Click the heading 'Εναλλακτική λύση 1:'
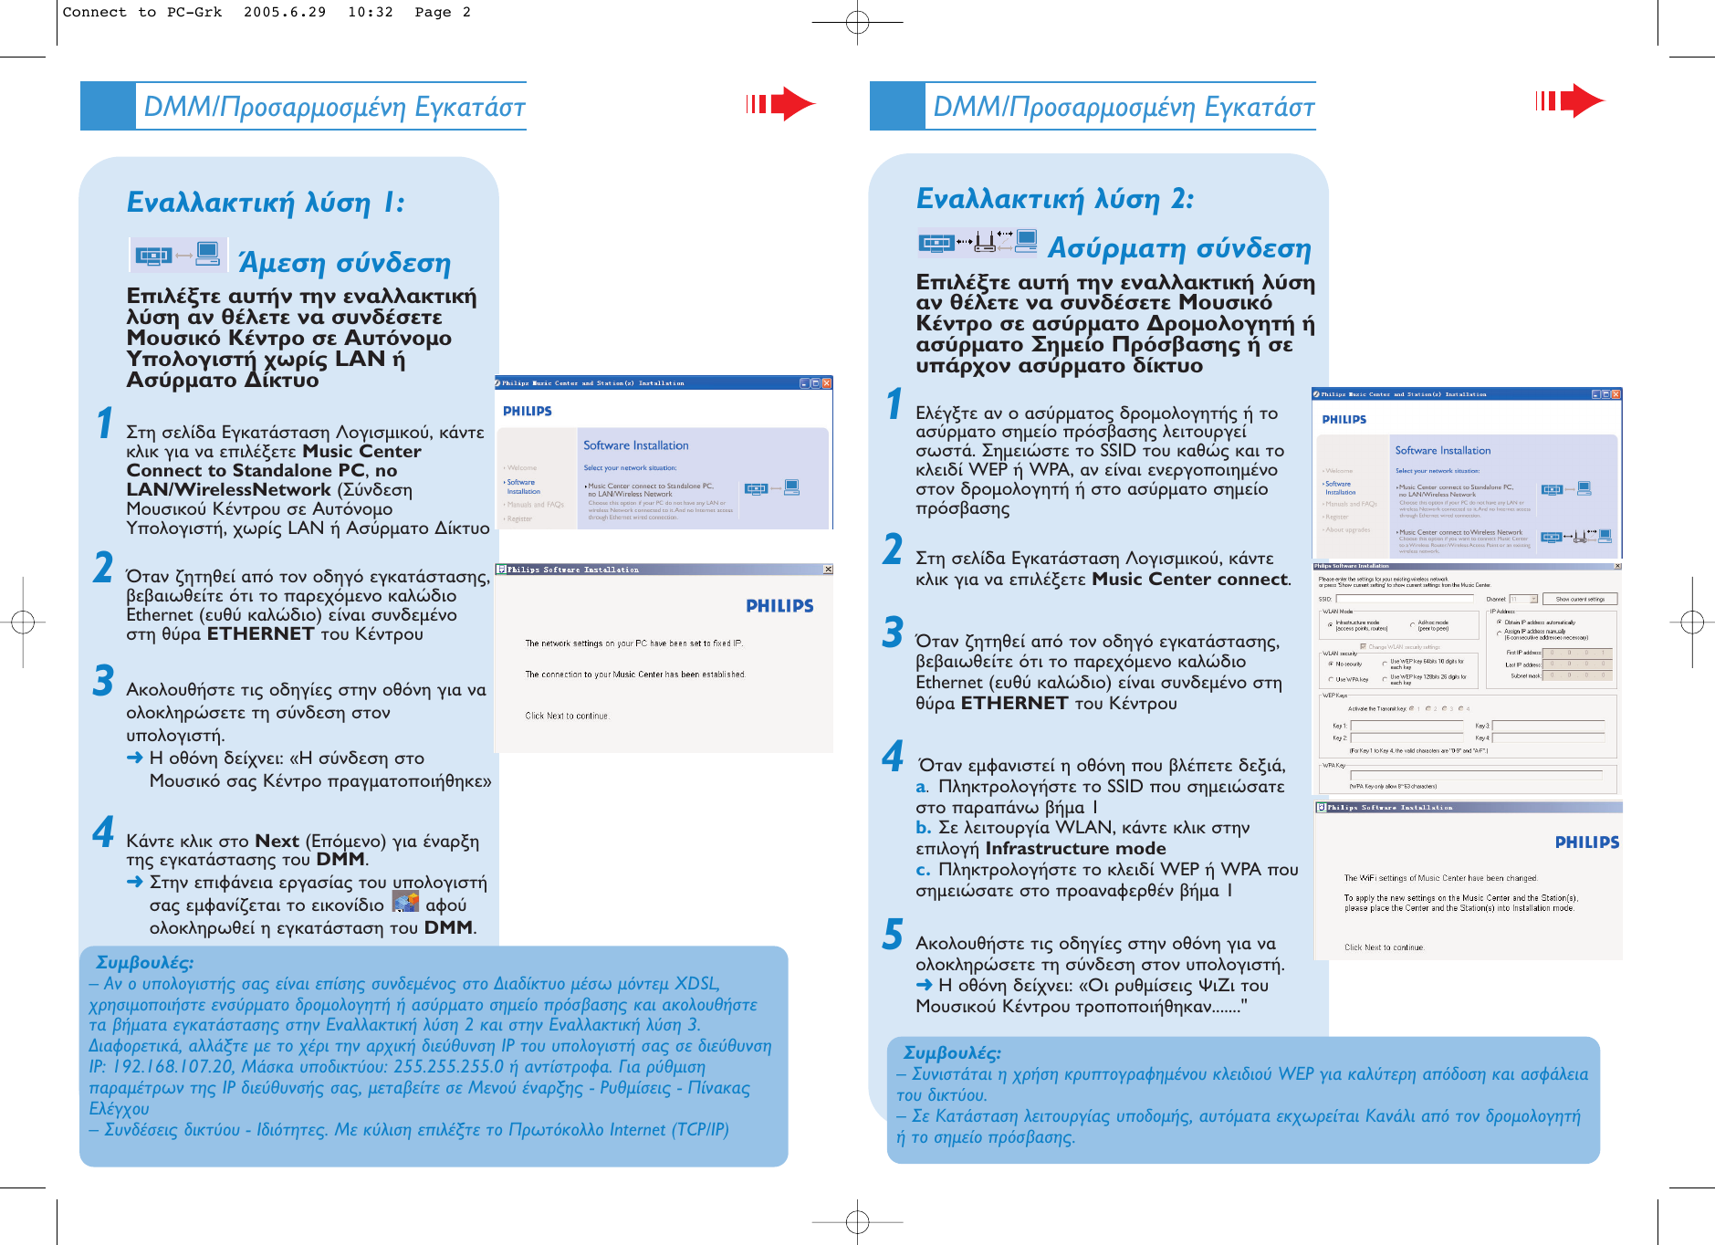265,202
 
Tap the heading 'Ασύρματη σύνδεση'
1178,247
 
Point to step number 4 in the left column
103,832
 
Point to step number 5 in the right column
893,935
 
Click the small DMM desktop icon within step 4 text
405,902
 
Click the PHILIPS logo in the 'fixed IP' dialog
779,606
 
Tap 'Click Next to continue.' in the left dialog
567,716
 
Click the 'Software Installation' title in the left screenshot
635,445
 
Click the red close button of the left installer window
827,383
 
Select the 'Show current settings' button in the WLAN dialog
1580,600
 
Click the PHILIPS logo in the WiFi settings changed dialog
1586,842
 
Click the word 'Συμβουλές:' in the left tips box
144,962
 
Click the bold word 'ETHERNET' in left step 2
260,633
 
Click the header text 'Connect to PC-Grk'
141,12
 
